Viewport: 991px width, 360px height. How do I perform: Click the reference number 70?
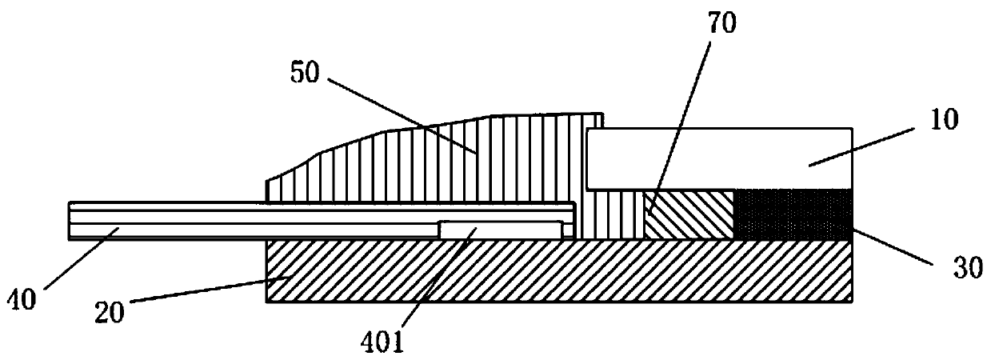click(x=722, y=22)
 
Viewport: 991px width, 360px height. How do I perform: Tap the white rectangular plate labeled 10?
click(x=720, y=158)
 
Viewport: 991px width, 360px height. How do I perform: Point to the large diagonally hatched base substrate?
click(x=560, y=272)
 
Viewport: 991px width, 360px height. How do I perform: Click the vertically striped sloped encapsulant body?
click(x=448, y=160)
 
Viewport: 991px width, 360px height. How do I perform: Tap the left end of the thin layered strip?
click(x=76, y=220)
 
